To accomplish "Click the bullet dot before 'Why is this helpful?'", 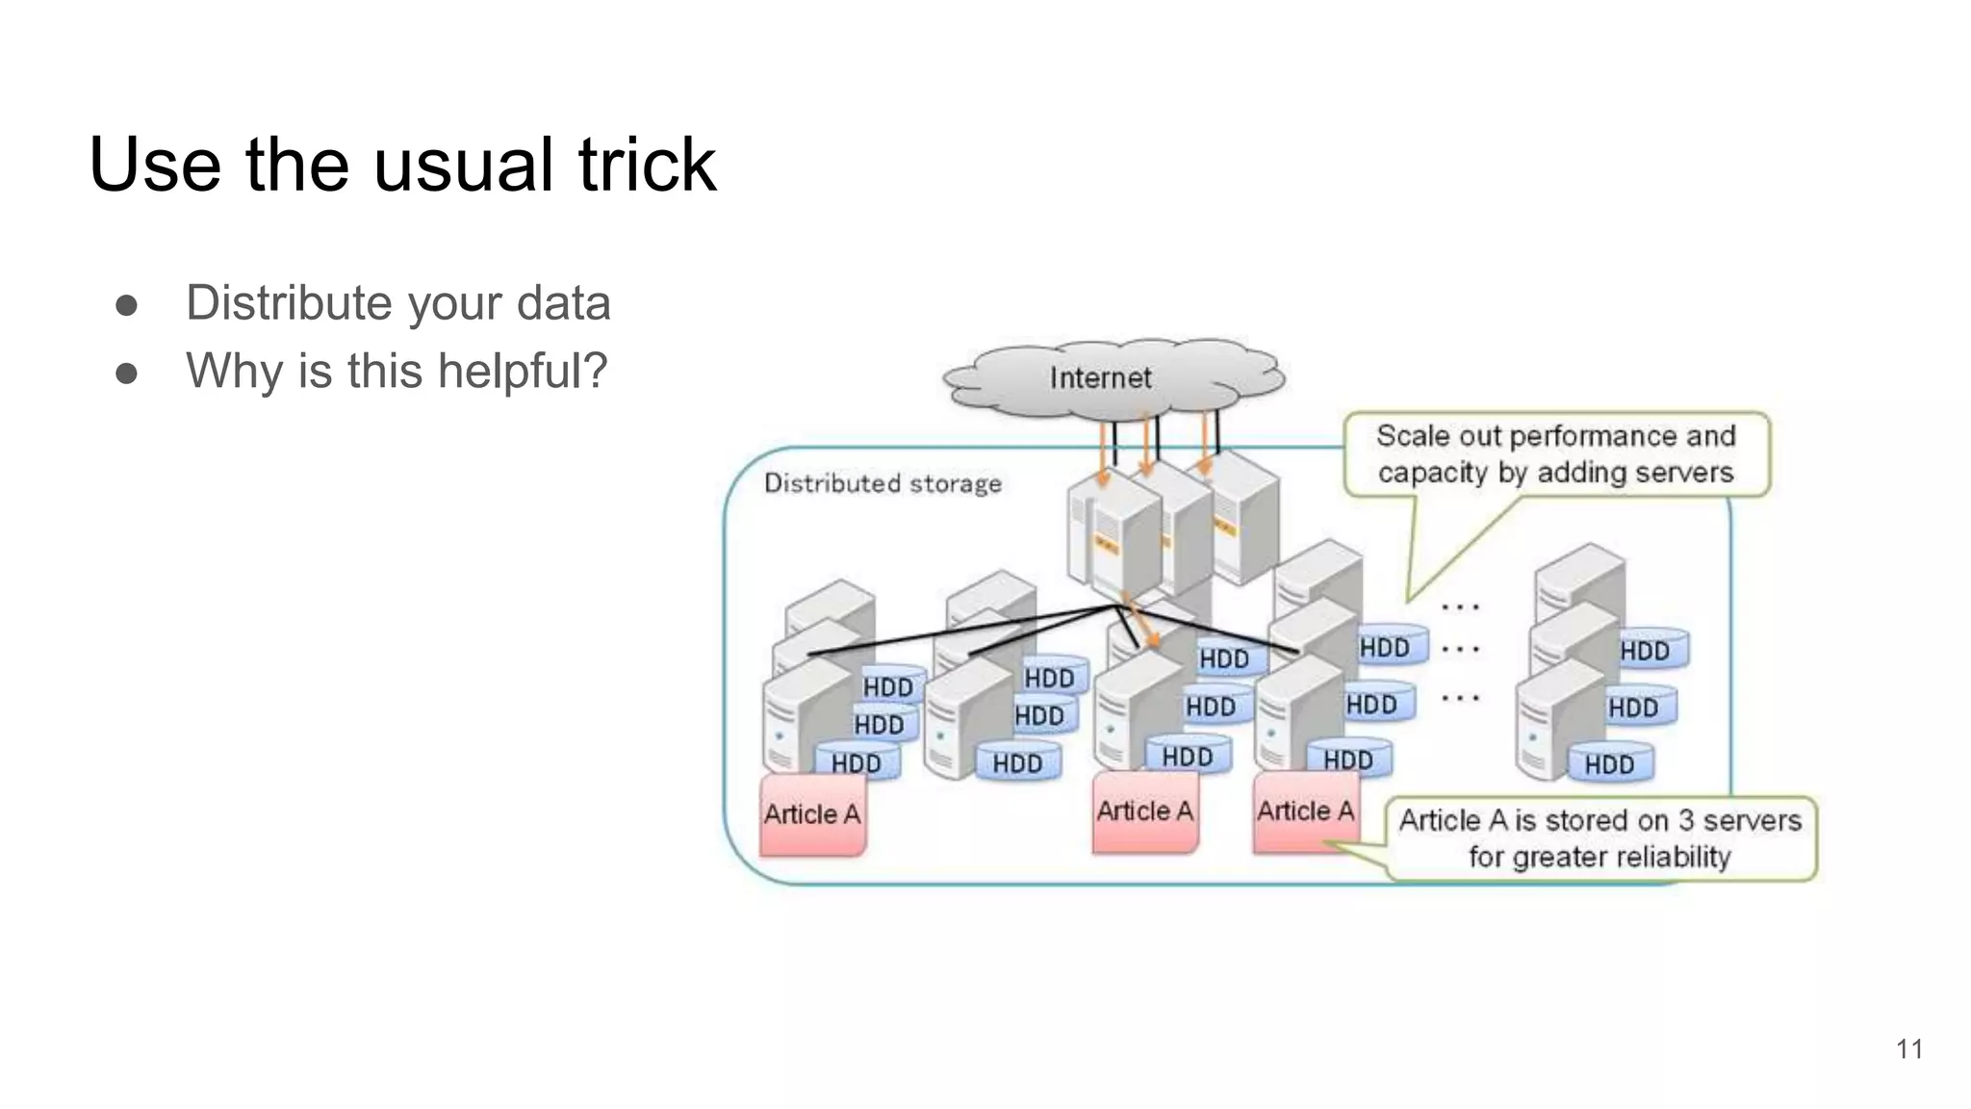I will click(x=127, y=373).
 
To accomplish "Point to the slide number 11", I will click(x=1909, y=1049).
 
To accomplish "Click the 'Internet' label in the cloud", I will click(x=1100, y=378).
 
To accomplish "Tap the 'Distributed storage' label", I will click(x=883, y=483).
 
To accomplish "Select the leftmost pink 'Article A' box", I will click(x=812, y=815).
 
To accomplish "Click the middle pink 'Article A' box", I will click(x=1144, y=812).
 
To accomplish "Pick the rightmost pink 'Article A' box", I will click(x=1305, y=812).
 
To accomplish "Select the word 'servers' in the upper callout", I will click(x=1686, y=473).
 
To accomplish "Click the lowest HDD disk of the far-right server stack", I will click(x=1609, y=765).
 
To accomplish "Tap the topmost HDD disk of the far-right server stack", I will click(x=1645, y=652).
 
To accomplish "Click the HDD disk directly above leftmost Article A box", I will click(x=856, y=763).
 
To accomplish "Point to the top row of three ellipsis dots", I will click(x=1460, y=607).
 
